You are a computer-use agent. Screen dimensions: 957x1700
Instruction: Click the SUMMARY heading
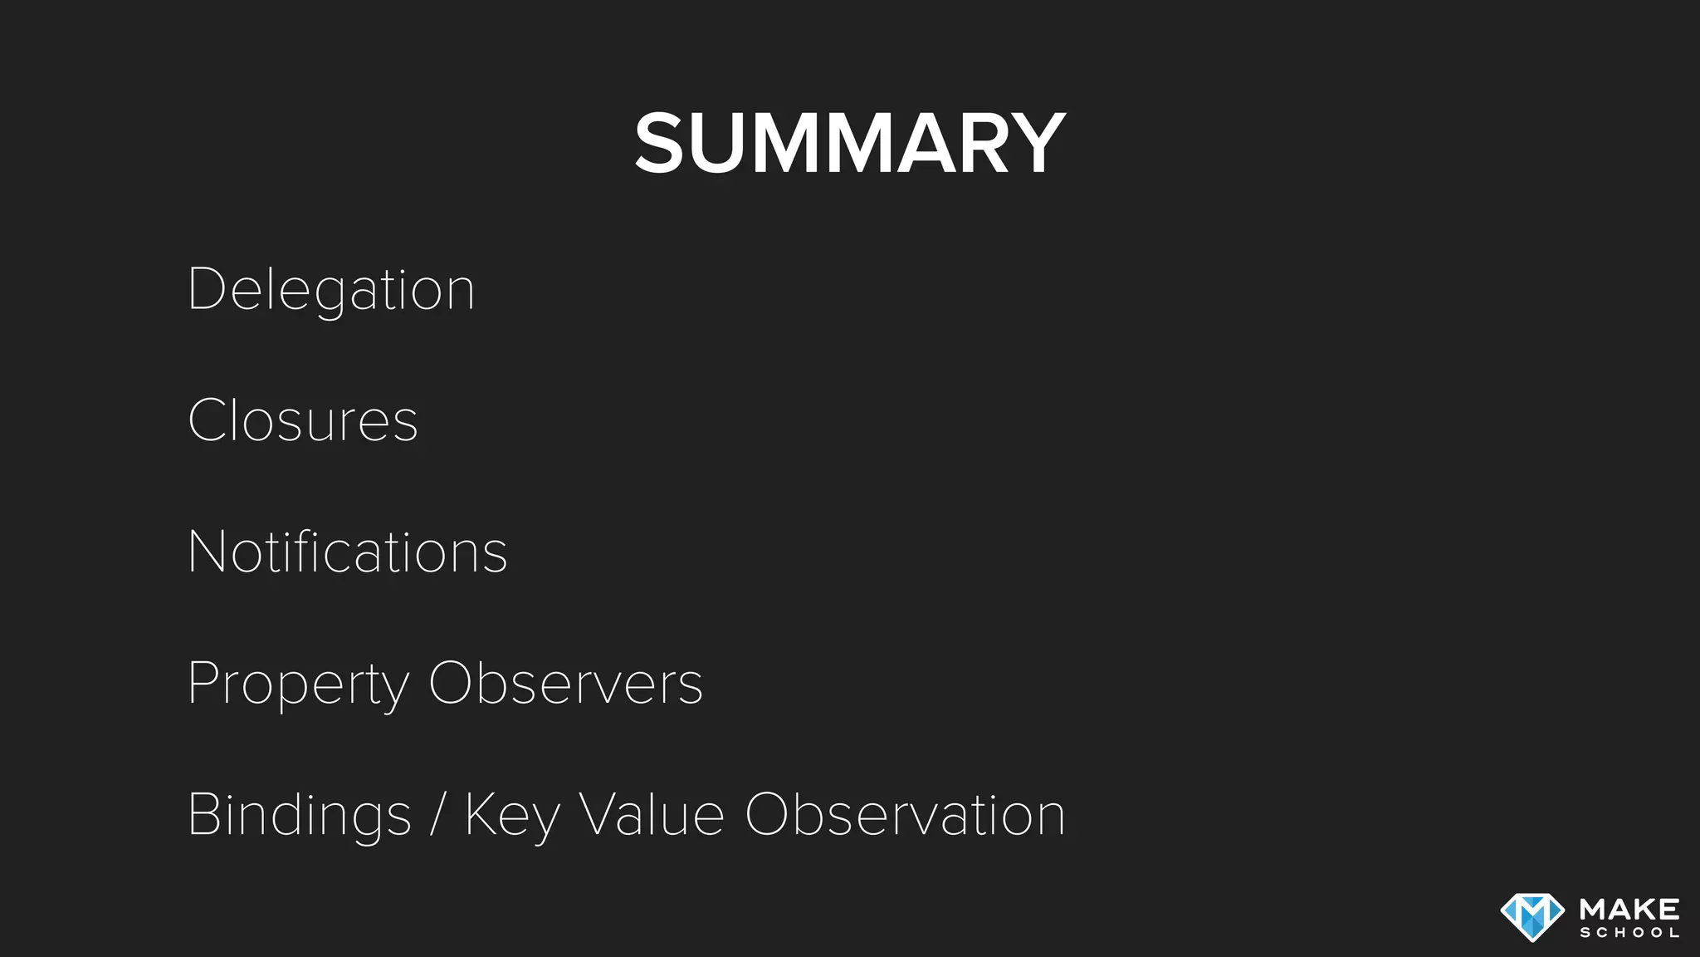[x=849, y=144]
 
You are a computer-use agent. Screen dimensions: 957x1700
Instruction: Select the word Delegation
[x=331, y=290]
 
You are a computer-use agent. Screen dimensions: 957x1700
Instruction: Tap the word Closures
[x=303, y=420]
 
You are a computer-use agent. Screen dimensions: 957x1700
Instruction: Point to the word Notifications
[x=348, y=552]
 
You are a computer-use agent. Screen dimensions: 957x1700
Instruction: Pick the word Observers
[x=565, y=683]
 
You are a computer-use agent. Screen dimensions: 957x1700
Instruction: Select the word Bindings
[x=300, y=816]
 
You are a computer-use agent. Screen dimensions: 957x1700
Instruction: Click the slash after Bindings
[x=438, y=816]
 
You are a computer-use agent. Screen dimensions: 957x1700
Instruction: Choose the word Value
[x=652, y=814]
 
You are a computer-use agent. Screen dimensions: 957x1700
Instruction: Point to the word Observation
[x=905, y=814]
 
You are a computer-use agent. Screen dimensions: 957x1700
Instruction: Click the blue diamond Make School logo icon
[x=1532, y=916]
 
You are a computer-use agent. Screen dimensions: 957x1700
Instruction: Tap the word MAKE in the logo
[x=1629, y=909]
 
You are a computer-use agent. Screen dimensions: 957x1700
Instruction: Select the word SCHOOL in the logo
[x=1629, y=933]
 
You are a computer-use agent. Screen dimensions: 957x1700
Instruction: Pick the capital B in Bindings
[x=204, y=814]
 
